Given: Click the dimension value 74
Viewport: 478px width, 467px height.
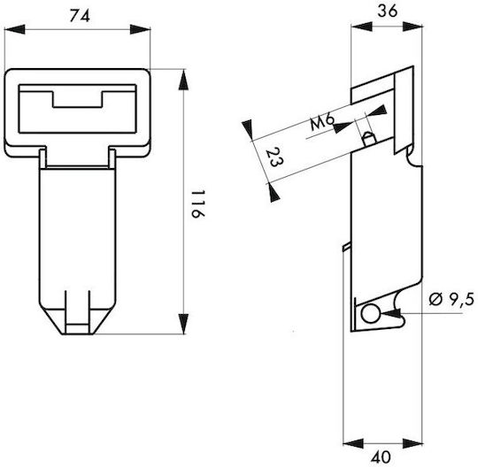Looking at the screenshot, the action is click(80, 16).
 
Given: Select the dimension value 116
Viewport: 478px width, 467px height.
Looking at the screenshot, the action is click(198, 204).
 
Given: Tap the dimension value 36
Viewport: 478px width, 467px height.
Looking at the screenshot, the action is click(388, 11).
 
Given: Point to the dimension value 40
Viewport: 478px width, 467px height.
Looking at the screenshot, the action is click(381, 457).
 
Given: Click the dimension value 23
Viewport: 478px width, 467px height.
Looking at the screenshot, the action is click(274, 157).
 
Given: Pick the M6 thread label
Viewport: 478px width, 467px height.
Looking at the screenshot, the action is click(322, 121).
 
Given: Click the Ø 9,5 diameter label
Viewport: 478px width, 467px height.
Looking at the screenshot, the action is click(451, 299).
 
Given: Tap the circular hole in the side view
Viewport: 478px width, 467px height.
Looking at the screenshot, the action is click(370, 314).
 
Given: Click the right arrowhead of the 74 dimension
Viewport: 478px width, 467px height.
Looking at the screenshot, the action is click(140, 29).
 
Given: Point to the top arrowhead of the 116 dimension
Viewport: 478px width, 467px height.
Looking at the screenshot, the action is click(183, 80).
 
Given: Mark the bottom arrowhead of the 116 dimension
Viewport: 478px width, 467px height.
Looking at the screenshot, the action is click(183, 324).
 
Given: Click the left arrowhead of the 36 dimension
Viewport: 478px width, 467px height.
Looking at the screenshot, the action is click(361, 27).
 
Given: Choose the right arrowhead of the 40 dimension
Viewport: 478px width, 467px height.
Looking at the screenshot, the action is click(413, 444).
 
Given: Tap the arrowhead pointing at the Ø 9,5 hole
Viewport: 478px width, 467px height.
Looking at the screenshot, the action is click(391, 313).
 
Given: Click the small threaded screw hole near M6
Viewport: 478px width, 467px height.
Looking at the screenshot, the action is click(369, 140).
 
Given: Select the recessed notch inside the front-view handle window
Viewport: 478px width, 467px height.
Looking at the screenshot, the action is click(77, 99).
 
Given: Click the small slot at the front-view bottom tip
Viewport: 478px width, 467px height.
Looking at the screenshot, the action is click(77, 328).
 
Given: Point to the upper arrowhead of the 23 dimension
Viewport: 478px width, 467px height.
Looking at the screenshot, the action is click(248, 130).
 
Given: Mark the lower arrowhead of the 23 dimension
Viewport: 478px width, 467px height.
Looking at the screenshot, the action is click(274, 193).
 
